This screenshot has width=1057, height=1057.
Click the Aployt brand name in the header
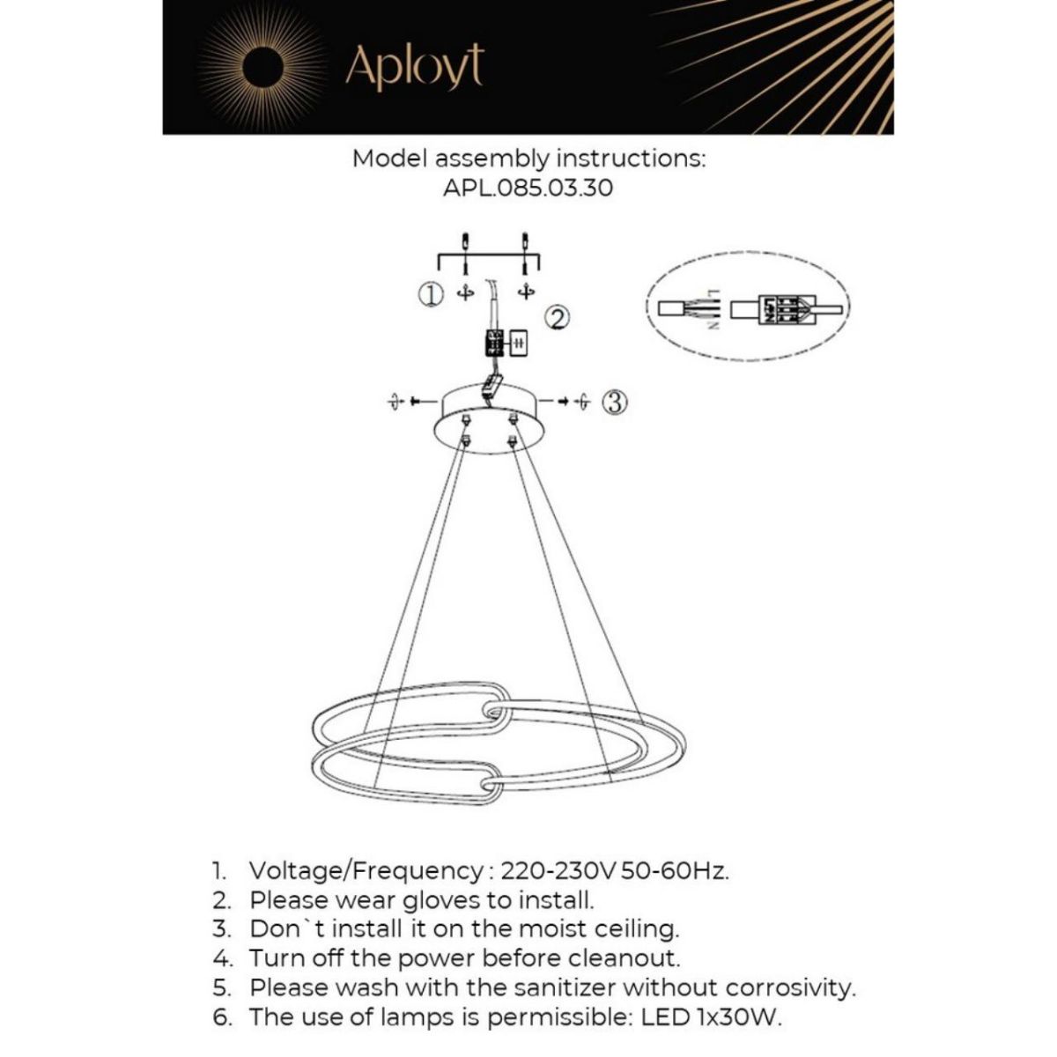415,65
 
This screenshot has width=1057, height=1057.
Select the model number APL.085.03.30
528,188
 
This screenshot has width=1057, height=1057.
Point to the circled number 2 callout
558,318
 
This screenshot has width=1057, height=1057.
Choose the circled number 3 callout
615,403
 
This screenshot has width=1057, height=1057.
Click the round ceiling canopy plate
490,422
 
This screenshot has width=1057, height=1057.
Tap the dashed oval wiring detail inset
747,308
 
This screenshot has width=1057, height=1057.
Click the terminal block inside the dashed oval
782,309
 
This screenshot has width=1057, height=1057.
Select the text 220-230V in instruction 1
558,871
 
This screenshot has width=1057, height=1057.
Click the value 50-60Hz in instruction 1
676,871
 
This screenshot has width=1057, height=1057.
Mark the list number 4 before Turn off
220,957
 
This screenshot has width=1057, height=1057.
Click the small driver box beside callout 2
519,342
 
